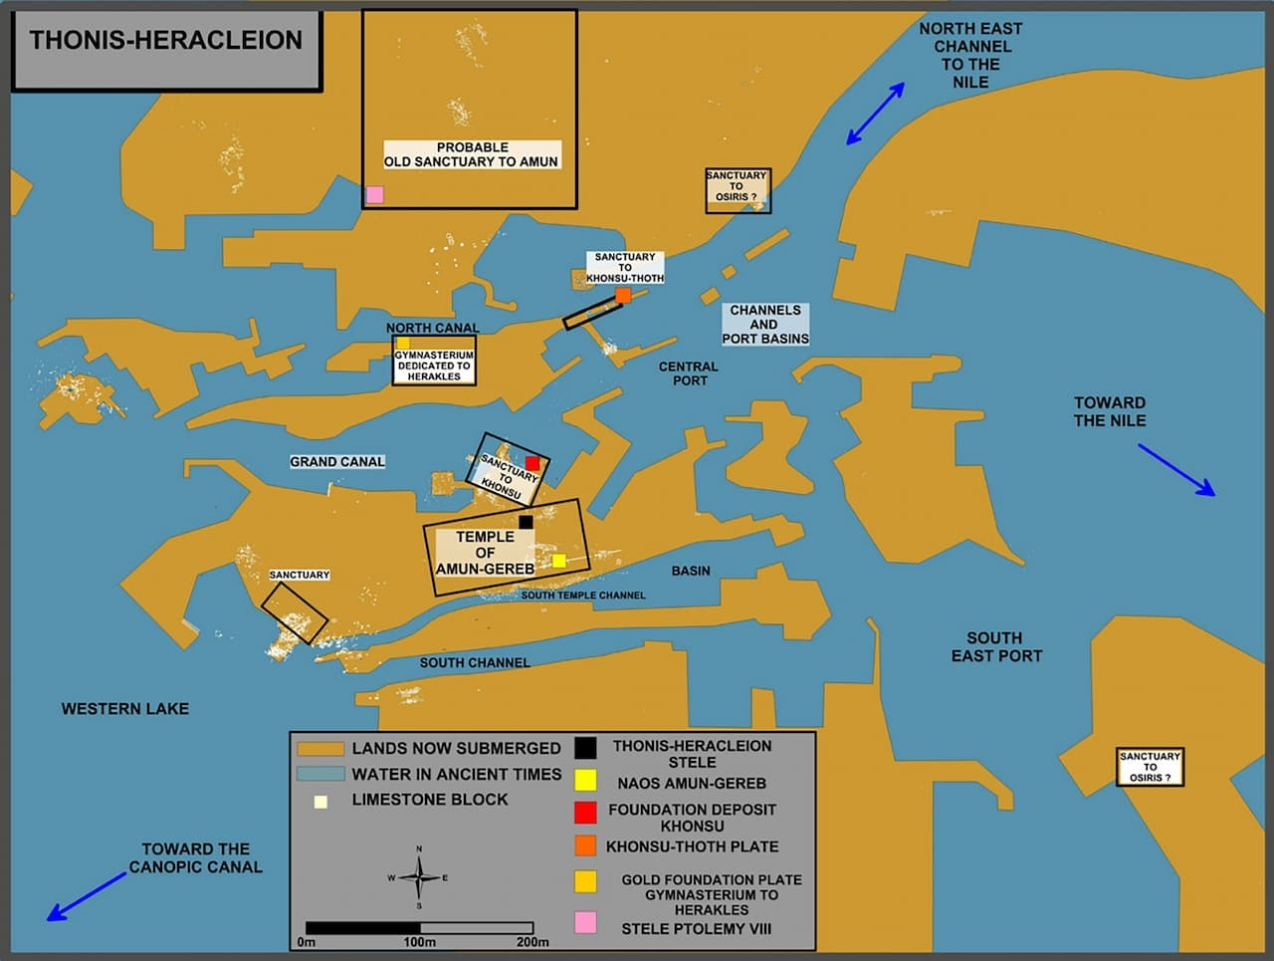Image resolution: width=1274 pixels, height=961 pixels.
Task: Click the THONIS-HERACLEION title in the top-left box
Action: (166, 40)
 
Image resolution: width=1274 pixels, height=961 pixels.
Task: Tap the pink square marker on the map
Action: (375, 194)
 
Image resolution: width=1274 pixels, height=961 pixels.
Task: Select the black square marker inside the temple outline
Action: (526, 522)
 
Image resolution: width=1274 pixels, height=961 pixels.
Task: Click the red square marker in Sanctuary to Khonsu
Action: (532, 463)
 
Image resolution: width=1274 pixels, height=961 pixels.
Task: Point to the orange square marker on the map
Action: (623, 296)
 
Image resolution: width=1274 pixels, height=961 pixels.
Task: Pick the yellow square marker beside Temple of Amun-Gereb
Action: (559, 561)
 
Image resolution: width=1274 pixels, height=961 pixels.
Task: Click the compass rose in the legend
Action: (419, 877)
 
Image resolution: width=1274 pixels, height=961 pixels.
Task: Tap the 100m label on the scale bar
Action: (419, 942)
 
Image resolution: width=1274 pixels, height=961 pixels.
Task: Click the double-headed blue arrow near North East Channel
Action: (875, 114)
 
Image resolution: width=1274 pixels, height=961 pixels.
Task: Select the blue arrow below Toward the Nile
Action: (1176, 470)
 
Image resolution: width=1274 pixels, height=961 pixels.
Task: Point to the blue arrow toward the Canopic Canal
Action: (87, 896)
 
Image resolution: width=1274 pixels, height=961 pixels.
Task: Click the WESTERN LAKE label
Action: (125, 708)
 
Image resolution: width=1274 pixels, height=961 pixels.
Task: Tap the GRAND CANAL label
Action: (337, 462)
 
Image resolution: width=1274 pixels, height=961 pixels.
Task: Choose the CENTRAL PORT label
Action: (689, 373)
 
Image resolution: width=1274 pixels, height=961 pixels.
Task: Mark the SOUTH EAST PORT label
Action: (996, 647)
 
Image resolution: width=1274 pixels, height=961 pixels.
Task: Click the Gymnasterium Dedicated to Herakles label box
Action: (434, 360)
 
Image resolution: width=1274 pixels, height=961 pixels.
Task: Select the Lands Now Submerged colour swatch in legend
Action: (320, 749)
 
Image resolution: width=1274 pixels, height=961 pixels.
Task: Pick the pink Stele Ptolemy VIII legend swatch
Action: (585, 923)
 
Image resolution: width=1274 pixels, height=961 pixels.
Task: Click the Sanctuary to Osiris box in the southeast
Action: (1150, 767)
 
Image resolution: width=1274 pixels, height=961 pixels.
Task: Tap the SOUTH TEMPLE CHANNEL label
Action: (582, 596)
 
